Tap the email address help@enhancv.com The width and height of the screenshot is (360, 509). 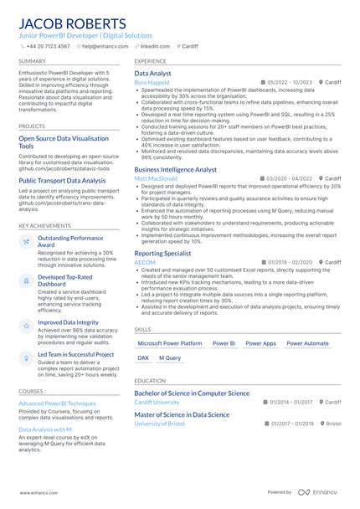(x=100, y=47)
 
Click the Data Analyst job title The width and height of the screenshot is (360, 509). (x=153, y=74)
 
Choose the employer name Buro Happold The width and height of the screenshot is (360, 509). (x=152, y=83)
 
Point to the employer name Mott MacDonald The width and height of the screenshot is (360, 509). (x=155, y=178)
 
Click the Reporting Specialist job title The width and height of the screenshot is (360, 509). (x=162, y=253)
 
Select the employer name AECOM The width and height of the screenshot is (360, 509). (x=145, y=262)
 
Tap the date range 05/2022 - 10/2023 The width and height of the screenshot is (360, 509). (x=289, y=83)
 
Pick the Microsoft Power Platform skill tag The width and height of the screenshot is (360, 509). (x=170, y=343)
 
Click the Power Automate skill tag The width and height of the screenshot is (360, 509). (x=307, y=343)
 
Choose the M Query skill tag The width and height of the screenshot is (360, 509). (x=170, y=357)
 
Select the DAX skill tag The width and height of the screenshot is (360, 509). (x=143, y=357)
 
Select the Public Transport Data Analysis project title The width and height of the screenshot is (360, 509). (x=62, y=180)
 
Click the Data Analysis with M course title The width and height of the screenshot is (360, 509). (x=45, y=429)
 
